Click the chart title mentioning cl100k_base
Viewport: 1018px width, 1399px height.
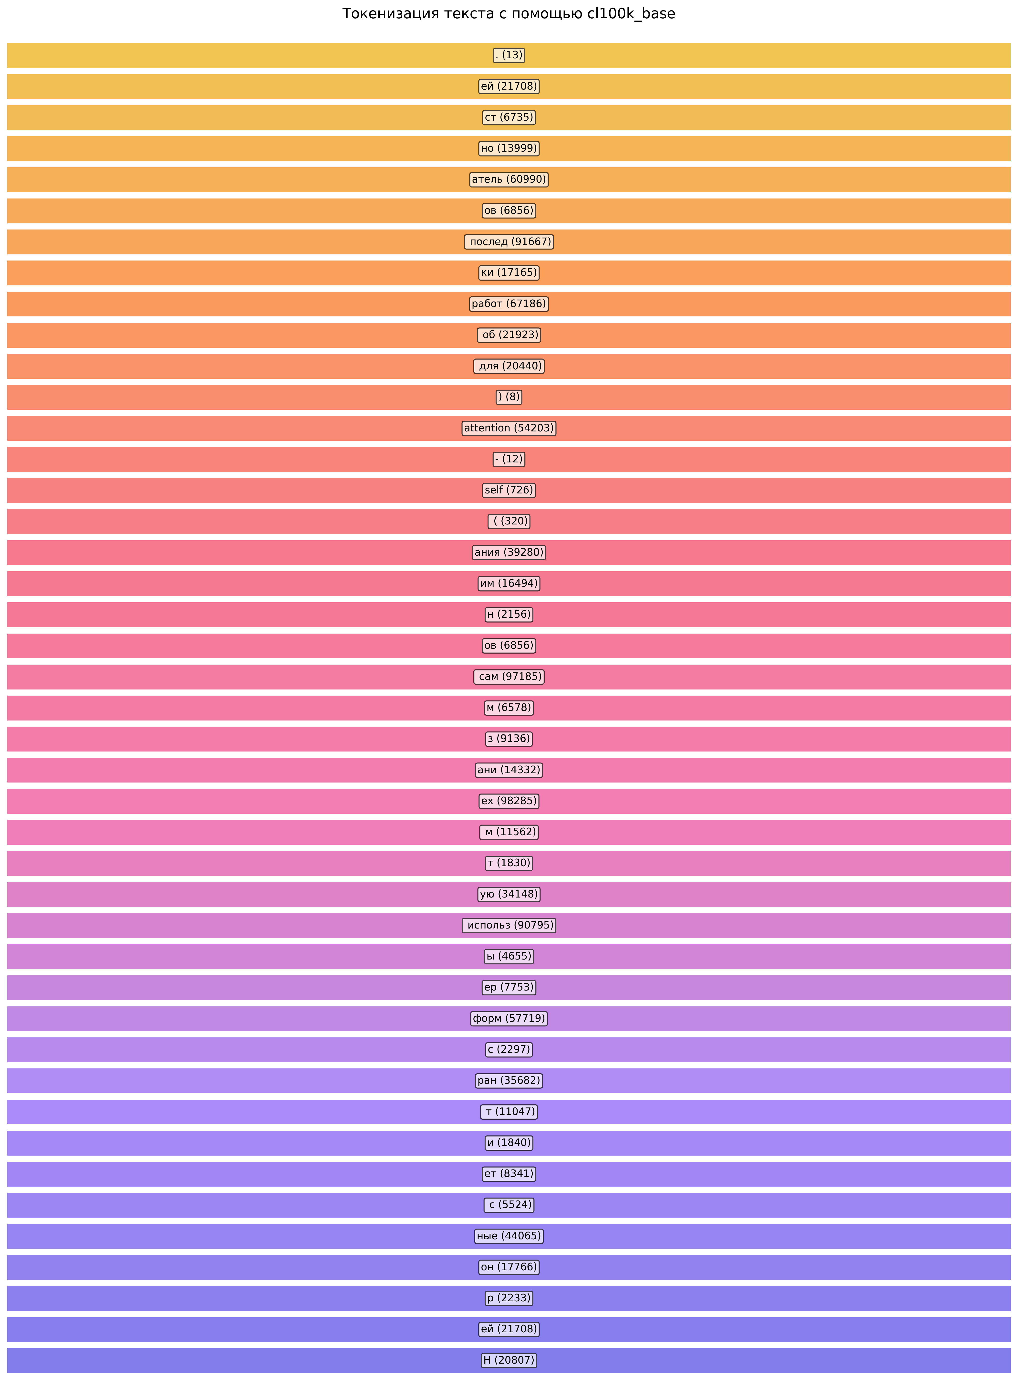click(509, 14)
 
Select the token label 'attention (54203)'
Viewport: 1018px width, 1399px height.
click(509, 428)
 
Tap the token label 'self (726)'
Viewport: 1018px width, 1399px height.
click(509, 491)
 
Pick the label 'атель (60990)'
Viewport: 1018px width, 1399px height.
click(509, 179)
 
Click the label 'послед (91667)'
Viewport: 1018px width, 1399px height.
click(509, 242)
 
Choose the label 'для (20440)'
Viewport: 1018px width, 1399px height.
click(509, 366)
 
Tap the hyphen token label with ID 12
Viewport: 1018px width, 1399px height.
click(509, 459)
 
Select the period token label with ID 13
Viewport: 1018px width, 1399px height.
click(509, 55)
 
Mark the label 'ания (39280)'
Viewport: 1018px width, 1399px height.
click(509, 552)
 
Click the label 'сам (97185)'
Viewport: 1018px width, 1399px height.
click(509, 677)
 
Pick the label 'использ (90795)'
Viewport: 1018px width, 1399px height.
click(509, 925)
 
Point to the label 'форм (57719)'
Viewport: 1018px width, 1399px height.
click(509, 1018)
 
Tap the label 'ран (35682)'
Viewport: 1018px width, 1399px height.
click(509, 1081)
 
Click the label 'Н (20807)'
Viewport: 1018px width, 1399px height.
click(509, 1360)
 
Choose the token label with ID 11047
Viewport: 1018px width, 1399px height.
click(509, 1112)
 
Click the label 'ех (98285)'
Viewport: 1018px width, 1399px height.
click(509, 801)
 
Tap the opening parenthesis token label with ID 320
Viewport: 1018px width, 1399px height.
click(509, 521)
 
